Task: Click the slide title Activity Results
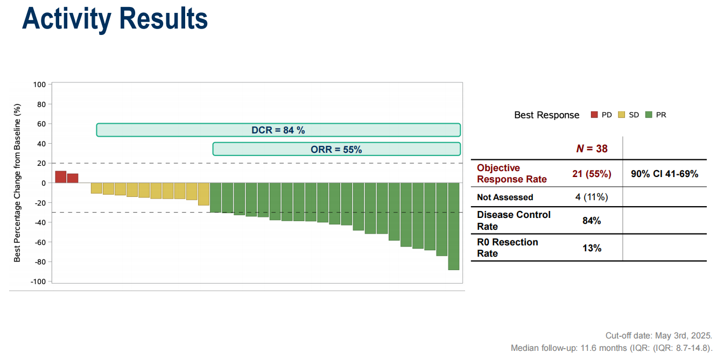point(115,19)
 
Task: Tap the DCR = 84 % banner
point(278,130)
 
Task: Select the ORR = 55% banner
point(336,149)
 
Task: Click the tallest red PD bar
point(61,177)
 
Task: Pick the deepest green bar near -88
point(454,226)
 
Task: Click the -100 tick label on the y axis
point(39,281)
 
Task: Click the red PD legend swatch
point(594,115)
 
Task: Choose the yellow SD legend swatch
point(622,115)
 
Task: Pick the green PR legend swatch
point(649,115)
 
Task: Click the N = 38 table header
point(592,149)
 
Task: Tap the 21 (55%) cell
point(592,174)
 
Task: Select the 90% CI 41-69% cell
point(665,174)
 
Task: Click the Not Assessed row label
point(505,197)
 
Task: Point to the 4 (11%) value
point(592,197)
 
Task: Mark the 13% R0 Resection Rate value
point(592,248)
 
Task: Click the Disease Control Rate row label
point(514,220)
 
